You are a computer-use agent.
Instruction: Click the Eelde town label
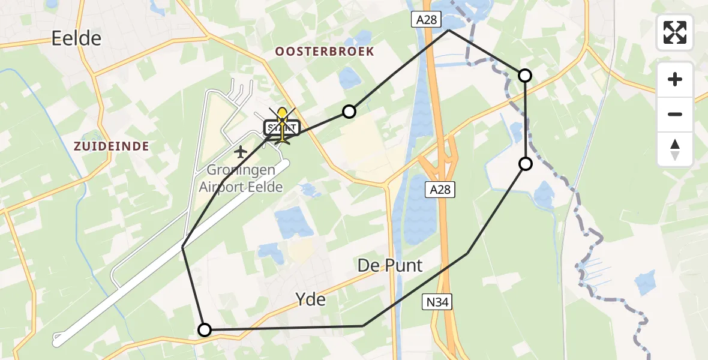[x=76, y=39]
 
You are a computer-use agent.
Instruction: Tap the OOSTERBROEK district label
[x=324, y=52]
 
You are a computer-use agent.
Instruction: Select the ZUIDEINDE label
[x=112, y=146]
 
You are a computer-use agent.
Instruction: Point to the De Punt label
[x=390, y=265]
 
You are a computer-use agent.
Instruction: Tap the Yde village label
[x=311, y=298]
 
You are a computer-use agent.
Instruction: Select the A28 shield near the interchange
[x=439, y=190]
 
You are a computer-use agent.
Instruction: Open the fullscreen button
[x=675, y=32]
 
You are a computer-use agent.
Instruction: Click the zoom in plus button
[x=675, y=79]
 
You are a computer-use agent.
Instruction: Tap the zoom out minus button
[x=675, y=114]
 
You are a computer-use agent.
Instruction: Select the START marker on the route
[x=281, y=128]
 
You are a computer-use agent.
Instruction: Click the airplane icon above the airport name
[x=241, y=152]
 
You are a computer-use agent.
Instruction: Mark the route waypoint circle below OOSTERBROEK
[x=349, y=111]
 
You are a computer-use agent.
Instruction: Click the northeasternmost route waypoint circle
[x=525, y=75]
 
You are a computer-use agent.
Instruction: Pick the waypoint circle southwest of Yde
[x=205, y=330]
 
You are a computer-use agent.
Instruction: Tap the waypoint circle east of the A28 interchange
[x=526, y=164]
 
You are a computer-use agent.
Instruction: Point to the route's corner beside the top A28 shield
[x=448, y=30]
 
